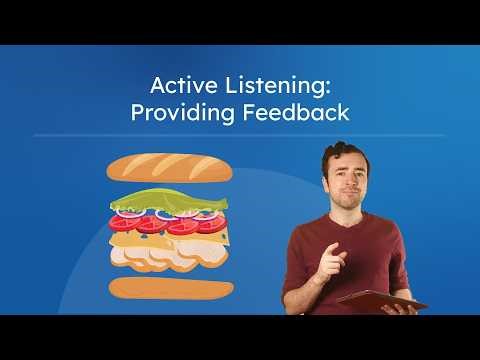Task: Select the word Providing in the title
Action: pos(176,113)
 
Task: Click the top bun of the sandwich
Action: pos(170,168)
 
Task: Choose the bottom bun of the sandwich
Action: pos(171,290)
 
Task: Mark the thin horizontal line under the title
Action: pos(240,135)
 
